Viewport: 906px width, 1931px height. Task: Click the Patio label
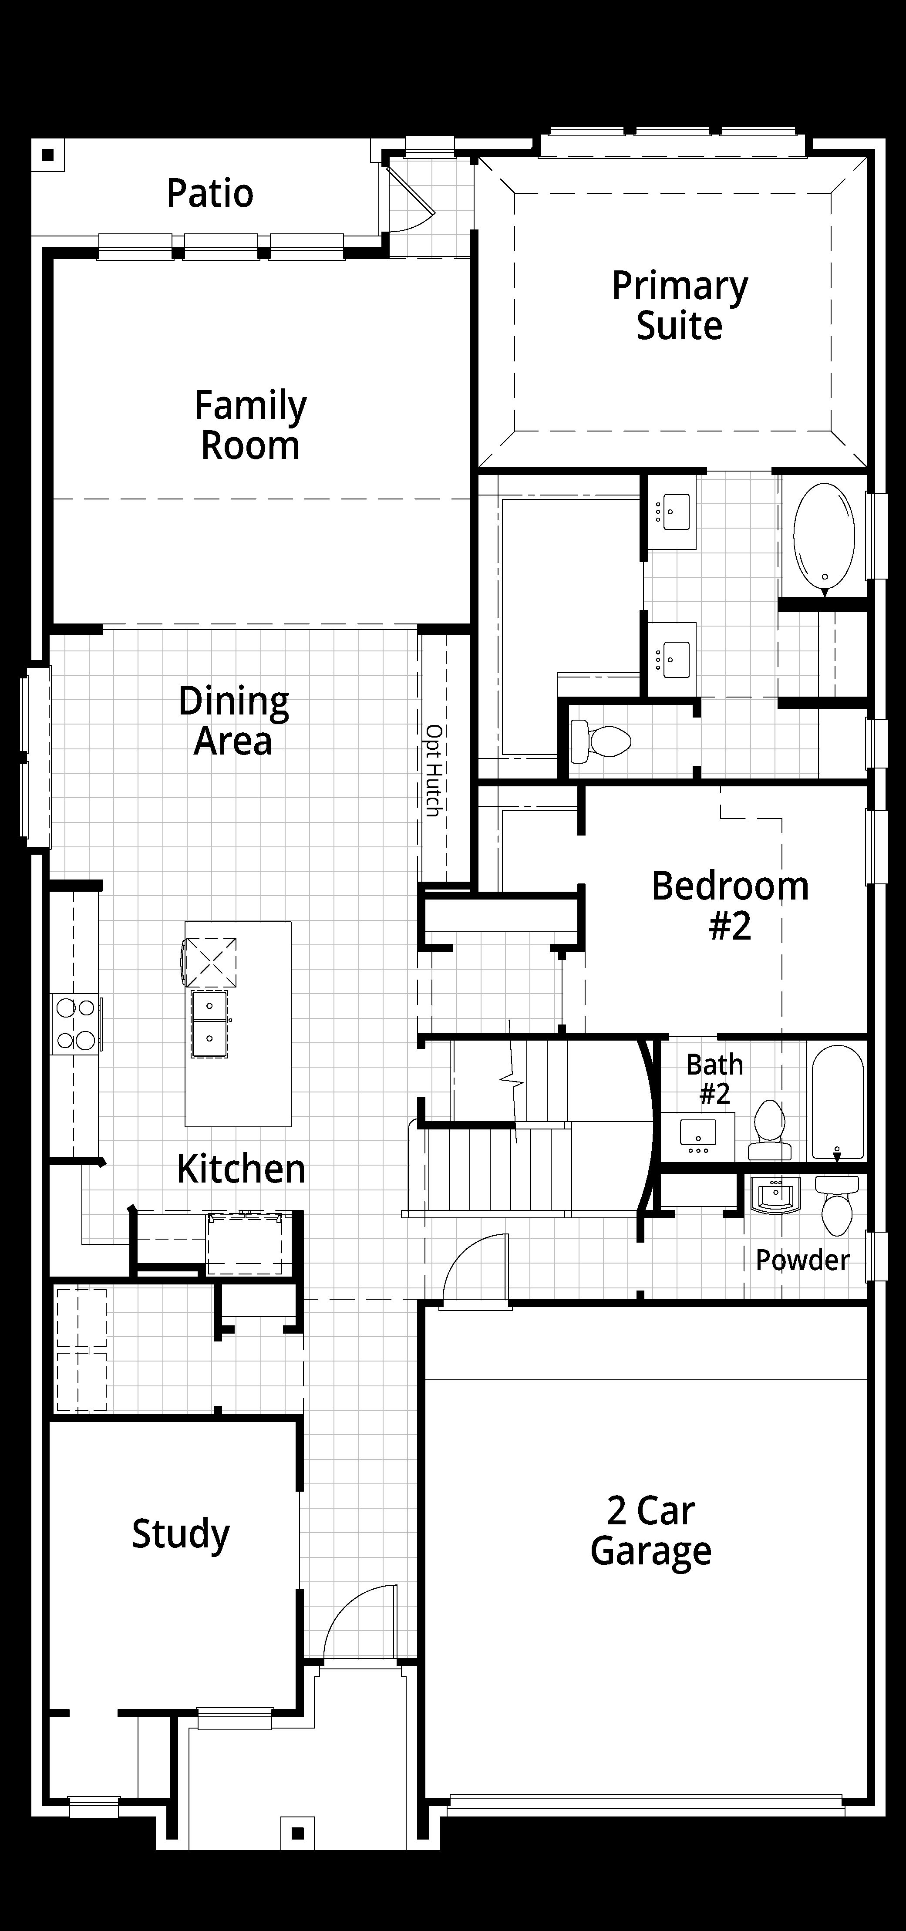click(x=210, y=193)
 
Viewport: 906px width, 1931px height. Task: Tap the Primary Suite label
click(x=680, y=305)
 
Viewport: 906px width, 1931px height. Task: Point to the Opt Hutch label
click(x=433, y=770)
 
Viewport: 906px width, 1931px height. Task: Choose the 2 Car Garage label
click(x=650, y=1531)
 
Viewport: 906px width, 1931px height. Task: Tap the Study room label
click(x=181, y=1534)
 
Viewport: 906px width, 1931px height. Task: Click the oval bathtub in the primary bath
click(x=824, y=535)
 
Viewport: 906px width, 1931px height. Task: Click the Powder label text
click(x=802, y=1260)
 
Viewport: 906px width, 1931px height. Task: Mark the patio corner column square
click(x=48, y=155)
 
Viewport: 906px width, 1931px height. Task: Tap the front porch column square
click(x=297, y=1833)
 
